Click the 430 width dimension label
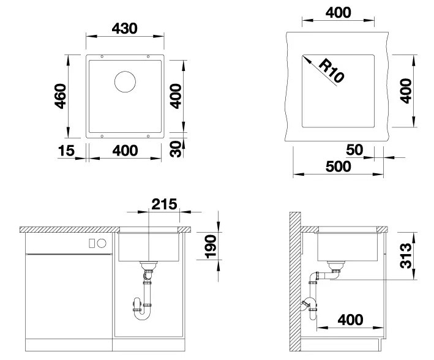tap(124, 29)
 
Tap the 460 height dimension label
tap(61, 96)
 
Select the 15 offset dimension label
tap(67, 151)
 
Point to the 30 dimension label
tap(176, 149)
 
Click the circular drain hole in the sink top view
tap(125, 81)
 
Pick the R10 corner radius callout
tap(331, 72)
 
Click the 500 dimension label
tap(339, 167)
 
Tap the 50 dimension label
tap(354, 150)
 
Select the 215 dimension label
tap(164, 204)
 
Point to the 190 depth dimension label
tap(211, 247)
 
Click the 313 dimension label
tap(406, 255)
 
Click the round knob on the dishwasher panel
tap(102, 243)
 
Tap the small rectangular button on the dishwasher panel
tap(92, 244)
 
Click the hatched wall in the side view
tap(295, 282)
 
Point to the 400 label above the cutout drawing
tap(339, 12)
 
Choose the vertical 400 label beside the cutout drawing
tap(406, 91)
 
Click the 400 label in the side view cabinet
tap(350, 320)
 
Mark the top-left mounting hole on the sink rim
tap(102, 56)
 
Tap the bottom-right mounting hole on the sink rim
tap(148, 137)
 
